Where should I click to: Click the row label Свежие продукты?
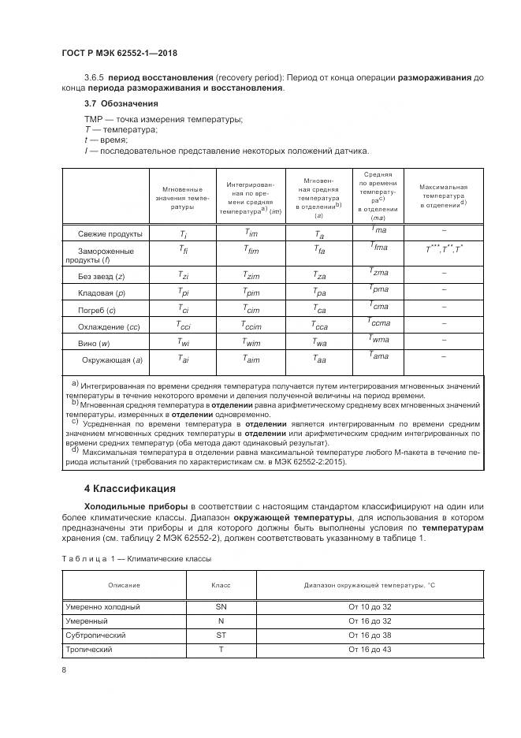click(x=110, y=234)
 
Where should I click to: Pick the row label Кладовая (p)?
click(x=108, y=293)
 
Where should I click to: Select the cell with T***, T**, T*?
click(x=444, y=250)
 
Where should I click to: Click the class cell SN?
click(x=221, y=607)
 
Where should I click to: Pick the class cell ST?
click(x=221, y=635)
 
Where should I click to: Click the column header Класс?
click(x=221, y=584)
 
